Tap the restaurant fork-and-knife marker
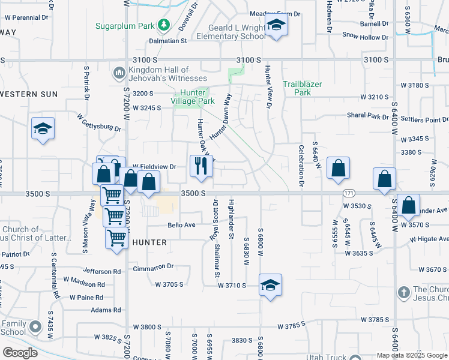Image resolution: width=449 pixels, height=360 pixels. [201, 166]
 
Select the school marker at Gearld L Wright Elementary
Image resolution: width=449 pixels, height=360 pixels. [276, 25]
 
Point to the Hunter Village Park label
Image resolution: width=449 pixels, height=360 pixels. [193, 97]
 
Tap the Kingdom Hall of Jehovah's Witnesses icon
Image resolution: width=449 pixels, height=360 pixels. [118, 74]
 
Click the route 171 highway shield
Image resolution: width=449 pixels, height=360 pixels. [349, 193]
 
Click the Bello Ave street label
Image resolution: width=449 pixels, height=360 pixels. [182, 225]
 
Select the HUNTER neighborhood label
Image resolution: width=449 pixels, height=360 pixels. [145, 242]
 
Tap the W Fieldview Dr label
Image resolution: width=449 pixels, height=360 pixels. [154, 166]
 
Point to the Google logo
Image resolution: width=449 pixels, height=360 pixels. [20, 353]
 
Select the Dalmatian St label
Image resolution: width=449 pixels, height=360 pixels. [169, 41]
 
